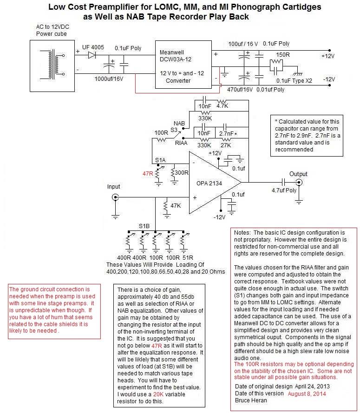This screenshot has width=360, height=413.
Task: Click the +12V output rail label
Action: click(x=327, y=56)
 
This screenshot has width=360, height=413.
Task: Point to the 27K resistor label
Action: click(x=226, y=145)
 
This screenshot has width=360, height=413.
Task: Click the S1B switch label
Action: click(x=145, y=226)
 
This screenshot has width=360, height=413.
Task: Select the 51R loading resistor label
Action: click(x=187, y=257)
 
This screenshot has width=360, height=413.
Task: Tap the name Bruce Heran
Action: click(x=251, y=400)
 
